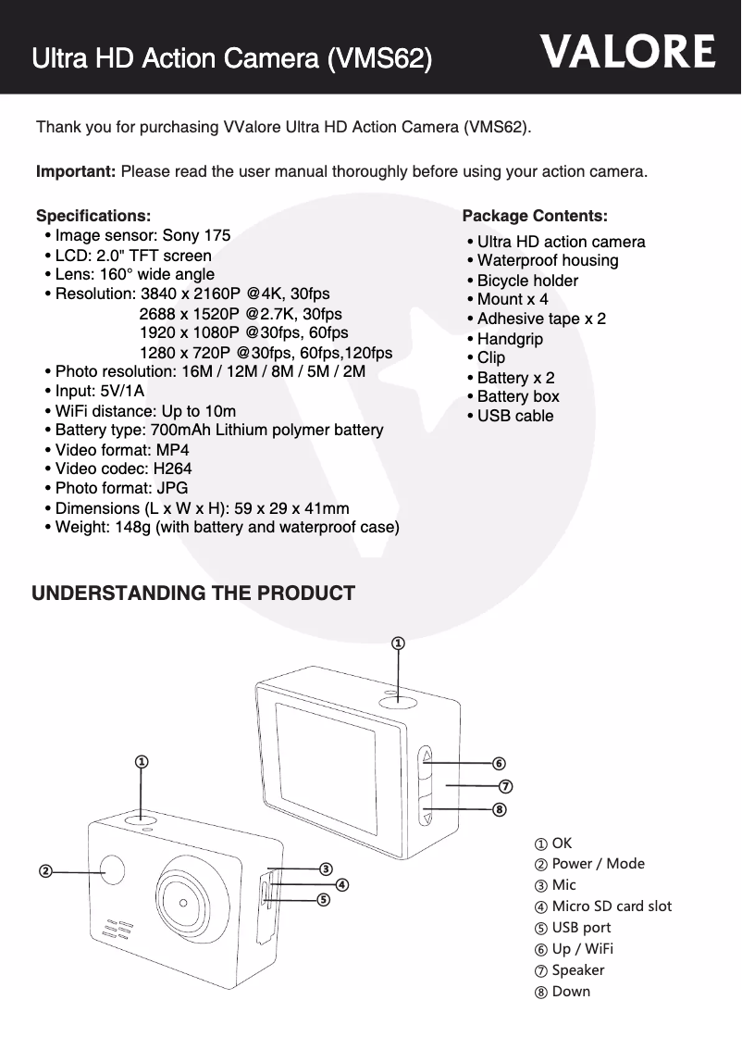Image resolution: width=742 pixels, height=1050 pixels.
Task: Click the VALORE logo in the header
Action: click(x=628, y=52)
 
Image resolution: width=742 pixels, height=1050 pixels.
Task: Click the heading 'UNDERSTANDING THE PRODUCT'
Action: click(x=193, y=594)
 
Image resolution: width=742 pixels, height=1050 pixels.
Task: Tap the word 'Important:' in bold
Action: click(x=75, y=172)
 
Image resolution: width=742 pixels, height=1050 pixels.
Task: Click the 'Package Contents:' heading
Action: click(x=535, y=216)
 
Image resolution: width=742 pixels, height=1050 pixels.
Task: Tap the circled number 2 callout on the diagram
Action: click(x=43, y=871)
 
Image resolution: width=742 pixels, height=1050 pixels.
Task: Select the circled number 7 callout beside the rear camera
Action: click(x=506, y=786)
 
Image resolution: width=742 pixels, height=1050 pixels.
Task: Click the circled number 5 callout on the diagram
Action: click(x=323, y=898)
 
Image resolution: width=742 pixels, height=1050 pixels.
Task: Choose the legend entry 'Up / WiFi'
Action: click(x=575, y=948)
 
